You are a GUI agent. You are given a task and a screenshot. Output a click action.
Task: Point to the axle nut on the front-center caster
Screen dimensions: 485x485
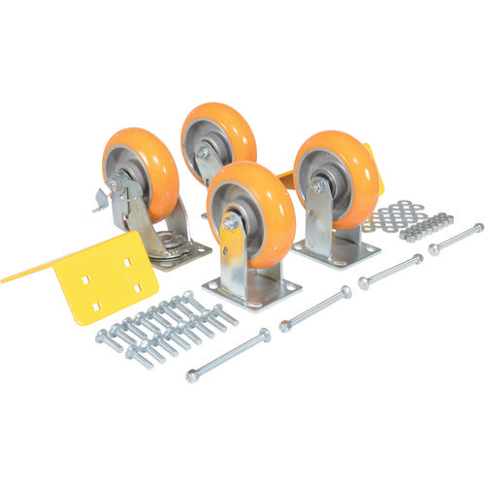231,223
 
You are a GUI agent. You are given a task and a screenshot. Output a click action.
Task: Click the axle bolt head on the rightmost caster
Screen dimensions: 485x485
317,185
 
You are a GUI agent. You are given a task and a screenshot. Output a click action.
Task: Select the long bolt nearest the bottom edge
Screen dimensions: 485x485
228,355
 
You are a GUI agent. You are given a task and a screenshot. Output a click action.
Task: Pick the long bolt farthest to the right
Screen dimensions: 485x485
456,239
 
